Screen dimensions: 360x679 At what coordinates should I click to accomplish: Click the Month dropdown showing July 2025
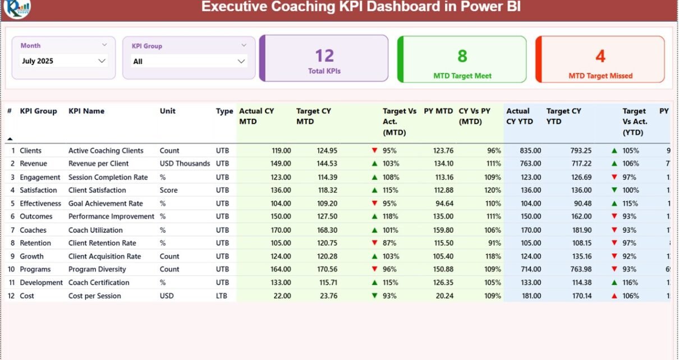pyautogui.click(x=63, y=61)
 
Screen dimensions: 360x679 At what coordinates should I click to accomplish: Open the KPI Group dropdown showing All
pyautogui.click(x=189, y=61)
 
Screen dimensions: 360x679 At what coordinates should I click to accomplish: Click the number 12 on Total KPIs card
pyautogui.click(x=324, y=56)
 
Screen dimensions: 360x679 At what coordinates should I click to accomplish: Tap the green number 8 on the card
pyautogui.click(x=462, y=56)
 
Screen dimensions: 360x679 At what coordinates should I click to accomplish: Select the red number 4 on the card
pyautogui.click(x=600, y=56)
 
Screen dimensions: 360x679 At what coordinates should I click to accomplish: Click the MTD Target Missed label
pyautogui.click(x=600, y=76)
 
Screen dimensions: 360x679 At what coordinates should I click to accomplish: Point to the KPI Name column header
pyautogui.click(x=86, y=111)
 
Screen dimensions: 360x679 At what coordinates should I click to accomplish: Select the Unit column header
pyautogui.click(x=167, y=111)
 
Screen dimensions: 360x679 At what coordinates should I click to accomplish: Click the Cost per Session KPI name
pyautogui.click(x=94, y=296)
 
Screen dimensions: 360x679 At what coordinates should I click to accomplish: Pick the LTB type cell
pyautogui.click(x=222, y=296)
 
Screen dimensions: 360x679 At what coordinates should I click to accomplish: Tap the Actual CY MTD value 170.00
pyautogui.click(x=281, y=230)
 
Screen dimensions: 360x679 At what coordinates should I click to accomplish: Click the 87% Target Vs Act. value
pyautogui.click(x=389, y=243)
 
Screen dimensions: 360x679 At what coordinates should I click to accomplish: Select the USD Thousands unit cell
pyautogui.click(x=185, y=164)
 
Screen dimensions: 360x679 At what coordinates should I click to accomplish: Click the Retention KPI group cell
pyautogui.click(x=35, y=243)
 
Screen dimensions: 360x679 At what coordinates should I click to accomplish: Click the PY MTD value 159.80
pyautogui.click(x=442, y=230)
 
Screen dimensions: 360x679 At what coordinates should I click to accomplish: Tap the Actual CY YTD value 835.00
pyautogui.click(x=530, y=150)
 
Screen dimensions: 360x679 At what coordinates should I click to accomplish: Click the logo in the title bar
pyautogui.click(x=17, y=8)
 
